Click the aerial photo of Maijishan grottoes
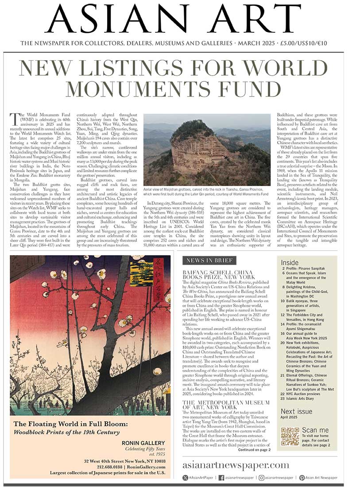[206, 149]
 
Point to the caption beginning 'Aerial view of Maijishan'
[206, 194]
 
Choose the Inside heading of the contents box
[290, 262]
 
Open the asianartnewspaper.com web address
[236, 465]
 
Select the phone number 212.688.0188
[110, 466]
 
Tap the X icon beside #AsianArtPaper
[186, 478]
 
